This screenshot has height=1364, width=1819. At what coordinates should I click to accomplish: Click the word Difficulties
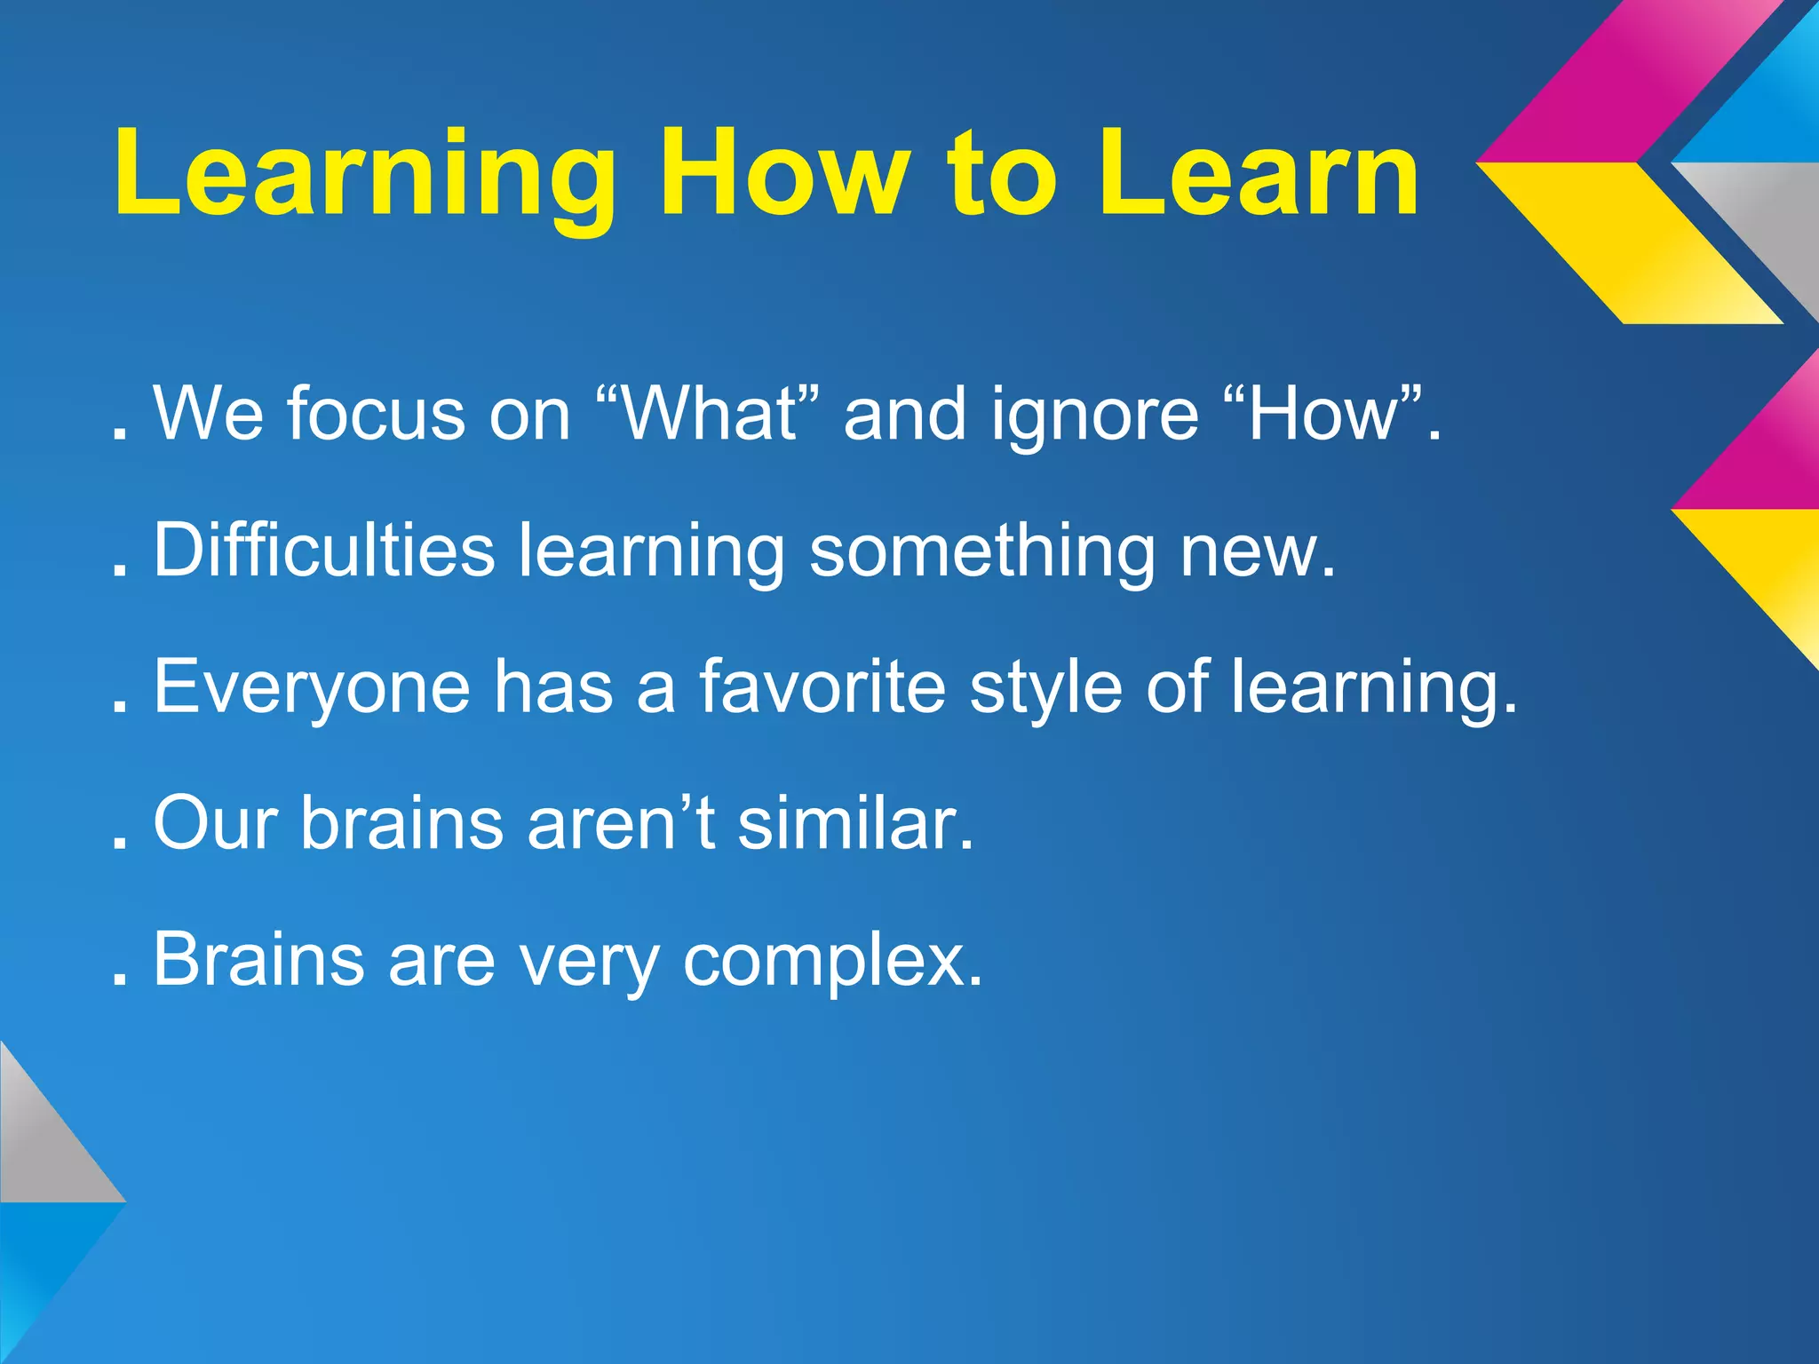pyautogui.click(x=324, y=550)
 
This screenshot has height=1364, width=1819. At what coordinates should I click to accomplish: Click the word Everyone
pyautogui.click(x=312, y=688)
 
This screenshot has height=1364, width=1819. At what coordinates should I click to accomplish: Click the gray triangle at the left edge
pyautogui.click(x=40, y=1146)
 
